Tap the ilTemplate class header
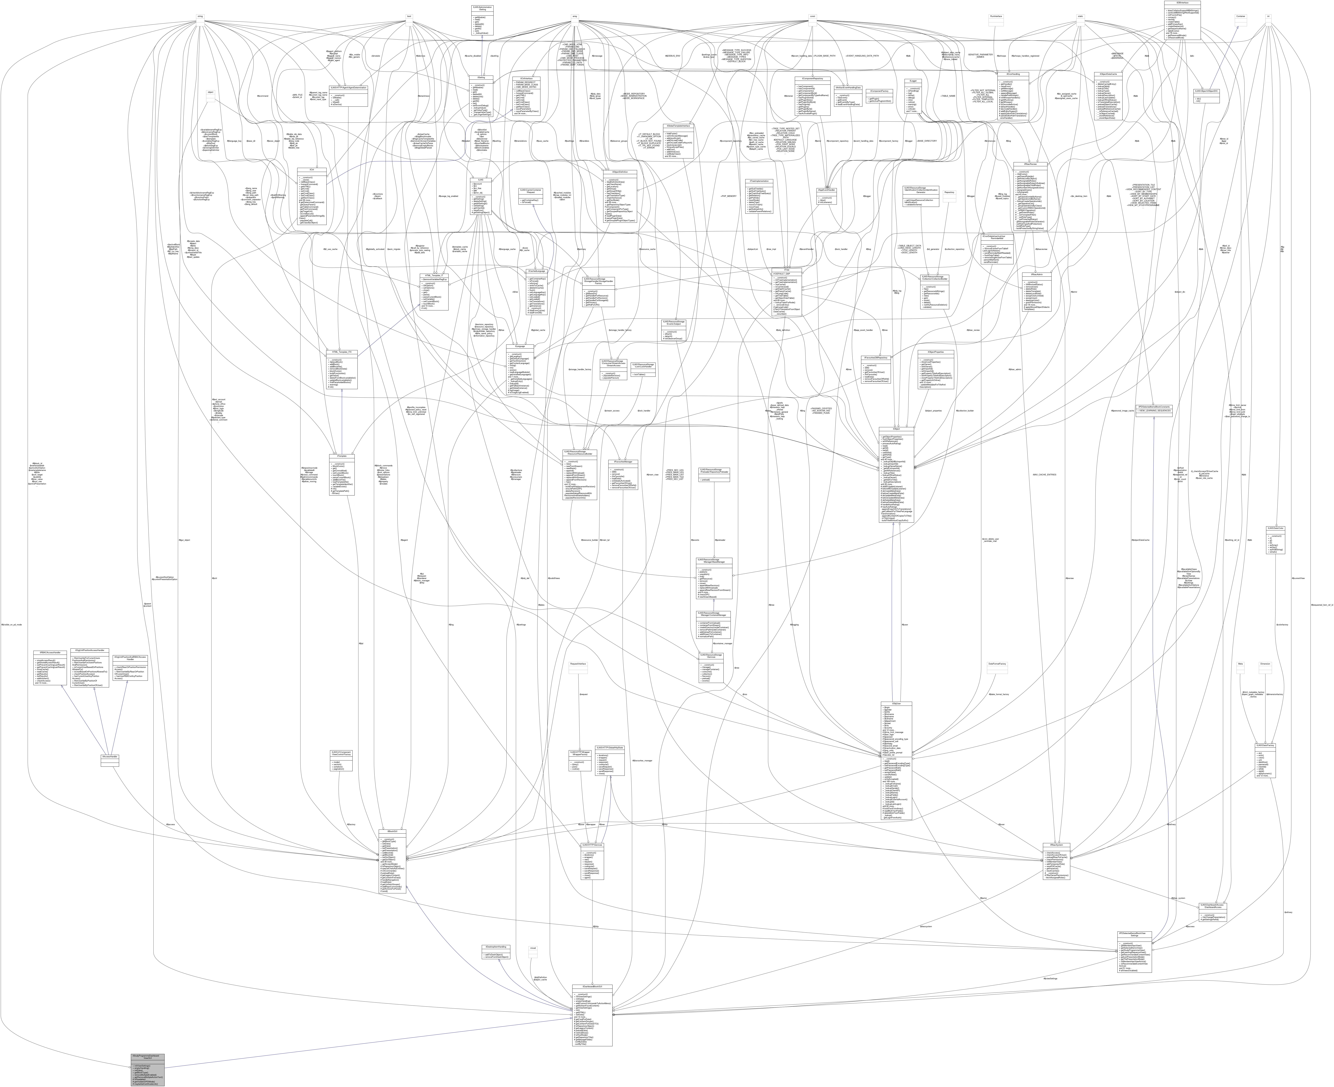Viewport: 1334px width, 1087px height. click(342, 455)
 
